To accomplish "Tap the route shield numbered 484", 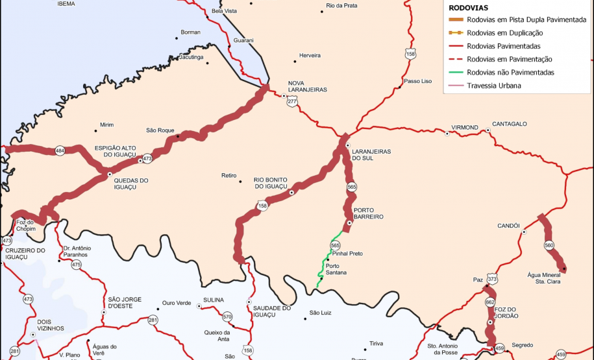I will (x=60, y=150).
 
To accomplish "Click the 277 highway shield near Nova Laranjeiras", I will (x=293, y=102).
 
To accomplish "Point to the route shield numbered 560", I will (x=549, y=245).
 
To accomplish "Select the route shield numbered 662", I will (x=490, y=302).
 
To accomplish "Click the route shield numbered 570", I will (x=227, y=317).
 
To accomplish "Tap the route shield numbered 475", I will (x=77, y=265).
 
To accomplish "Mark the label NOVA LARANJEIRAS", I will (x=307, y=87).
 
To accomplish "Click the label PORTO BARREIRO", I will (x=368, y=213).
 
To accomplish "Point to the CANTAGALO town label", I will (x=510, y=123).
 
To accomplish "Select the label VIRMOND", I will (x=465, y=127).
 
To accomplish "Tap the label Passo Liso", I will (x=417, y=81).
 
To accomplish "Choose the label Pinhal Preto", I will (x=347, y=254).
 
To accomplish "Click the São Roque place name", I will (x=160, y=130).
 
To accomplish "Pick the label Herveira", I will (x=310, y=55).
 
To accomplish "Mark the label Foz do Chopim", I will (x=25, y=225).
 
